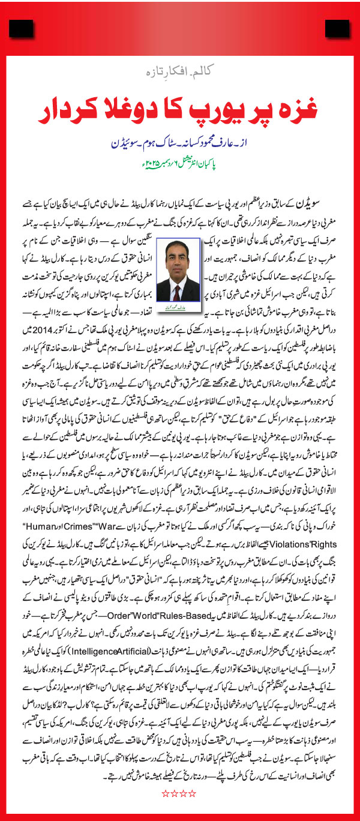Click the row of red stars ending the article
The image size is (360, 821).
click(179, 793)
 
